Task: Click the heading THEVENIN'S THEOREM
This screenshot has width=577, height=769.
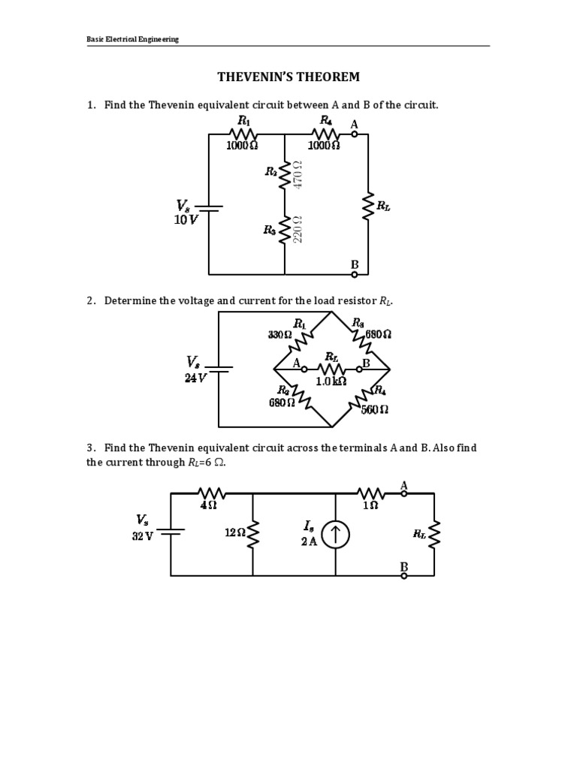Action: (x=288, y=77)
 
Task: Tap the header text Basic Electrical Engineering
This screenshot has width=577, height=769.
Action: (x=132, y=39)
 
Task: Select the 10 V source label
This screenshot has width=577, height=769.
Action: (x=186, y=220)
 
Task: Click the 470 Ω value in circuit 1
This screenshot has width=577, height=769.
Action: (x=297, y=173)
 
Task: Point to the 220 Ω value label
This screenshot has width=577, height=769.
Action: (x=297, y=230)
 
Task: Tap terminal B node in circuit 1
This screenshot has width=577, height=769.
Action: (x=354, y=275)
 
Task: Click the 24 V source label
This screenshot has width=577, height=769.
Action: (x=195, y=378)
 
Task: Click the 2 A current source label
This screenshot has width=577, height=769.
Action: (x=309, y=541)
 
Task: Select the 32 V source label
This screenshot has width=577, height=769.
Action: (x=142, y=535)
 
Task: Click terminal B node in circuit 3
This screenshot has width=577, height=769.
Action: (x=403, y=576)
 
